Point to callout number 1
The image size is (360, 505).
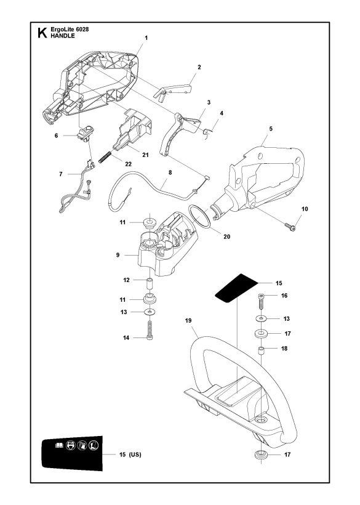(146, 38)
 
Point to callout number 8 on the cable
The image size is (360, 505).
(170, 182)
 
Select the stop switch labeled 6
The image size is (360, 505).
(86, 134)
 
